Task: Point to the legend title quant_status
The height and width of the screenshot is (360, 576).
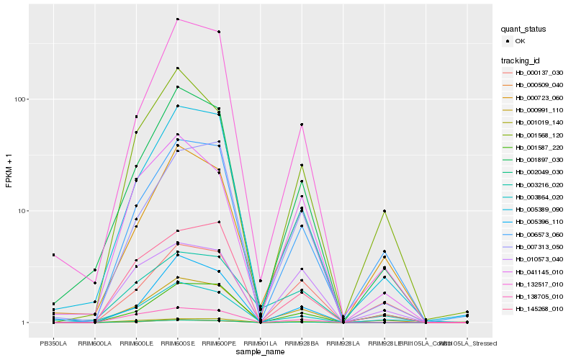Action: (x=524, y=30)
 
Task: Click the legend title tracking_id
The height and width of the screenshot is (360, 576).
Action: (x=521, y=60)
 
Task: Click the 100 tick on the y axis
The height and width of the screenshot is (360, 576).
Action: (x=22, y=99)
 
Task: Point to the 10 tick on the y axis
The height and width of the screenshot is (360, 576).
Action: (x=24, y=211)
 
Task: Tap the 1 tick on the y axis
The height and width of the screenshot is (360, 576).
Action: (x=26, y=323)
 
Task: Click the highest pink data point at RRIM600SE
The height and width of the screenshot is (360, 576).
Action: (x=177, y=19)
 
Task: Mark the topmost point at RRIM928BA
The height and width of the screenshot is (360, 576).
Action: (x=301, y=125)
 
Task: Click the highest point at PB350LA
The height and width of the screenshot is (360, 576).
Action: (x=53, y=255)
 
